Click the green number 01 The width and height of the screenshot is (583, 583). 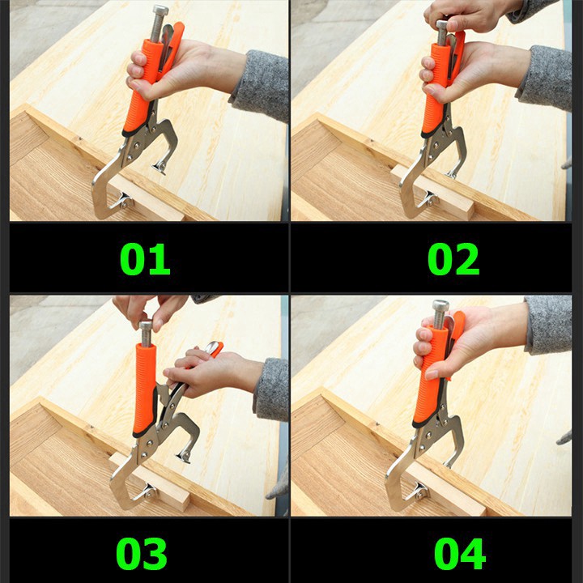[145, 259]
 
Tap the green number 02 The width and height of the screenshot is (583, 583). [453, 259]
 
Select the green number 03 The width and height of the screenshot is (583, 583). [142, 554]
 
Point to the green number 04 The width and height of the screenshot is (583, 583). [460, 554]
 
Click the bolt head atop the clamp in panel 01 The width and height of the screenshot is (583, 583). [160, 11]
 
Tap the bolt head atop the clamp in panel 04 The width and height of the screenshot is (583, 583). [440, 305]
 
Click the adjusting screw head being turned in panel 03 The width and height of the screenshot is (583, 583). [146, 326]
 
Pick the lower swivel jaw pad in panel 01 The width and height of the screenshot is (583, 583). [124, 201]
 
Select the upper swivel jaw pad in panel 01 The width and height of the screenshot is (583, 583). [160, 168]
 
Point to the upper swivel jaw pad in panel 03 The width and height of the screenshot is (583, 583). [184, 456]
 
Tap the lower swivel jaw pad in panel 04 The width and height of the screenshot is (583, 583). [419, 492]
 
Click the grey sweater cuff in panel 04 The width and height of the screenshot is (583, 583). [547, 326]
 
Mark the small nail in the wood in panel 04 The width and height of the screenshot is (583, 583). [377, 423]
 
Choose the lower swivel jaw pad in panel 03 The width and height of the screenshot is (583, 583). [150, 492]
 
